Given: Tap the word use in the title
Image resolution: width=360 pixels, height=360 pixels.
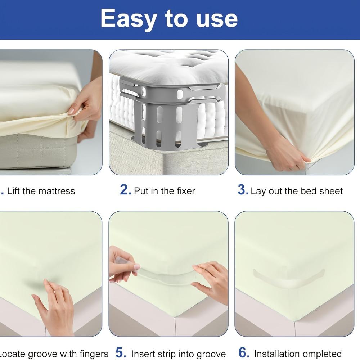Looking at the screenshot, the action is click(x=217, y=19).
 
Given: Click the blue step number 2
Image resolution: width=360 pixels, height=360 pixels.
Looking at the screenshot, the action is click(x=125, y=190).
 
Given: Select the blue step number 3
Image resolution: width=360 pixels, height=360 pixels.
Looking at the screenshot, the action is click(x=243, y=190).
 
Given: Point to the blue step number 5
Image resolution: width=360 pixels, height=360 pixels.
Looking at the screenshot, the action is click(x=121, y=352).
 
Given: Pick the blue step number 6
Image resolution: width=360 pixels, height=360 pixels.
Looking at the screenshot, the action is click(x=244, y=352).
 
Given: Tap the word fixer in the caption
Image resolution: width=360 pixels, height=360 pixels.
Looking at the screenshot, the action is click(x=186, y=191).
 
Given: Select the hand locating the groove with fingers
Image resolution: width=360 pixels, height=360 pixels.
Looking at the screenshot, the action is click(x=55, y=308).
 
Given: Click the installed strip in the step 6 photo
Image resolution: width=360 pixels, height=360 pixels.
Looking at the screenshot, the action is click(x=289, y=278).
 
